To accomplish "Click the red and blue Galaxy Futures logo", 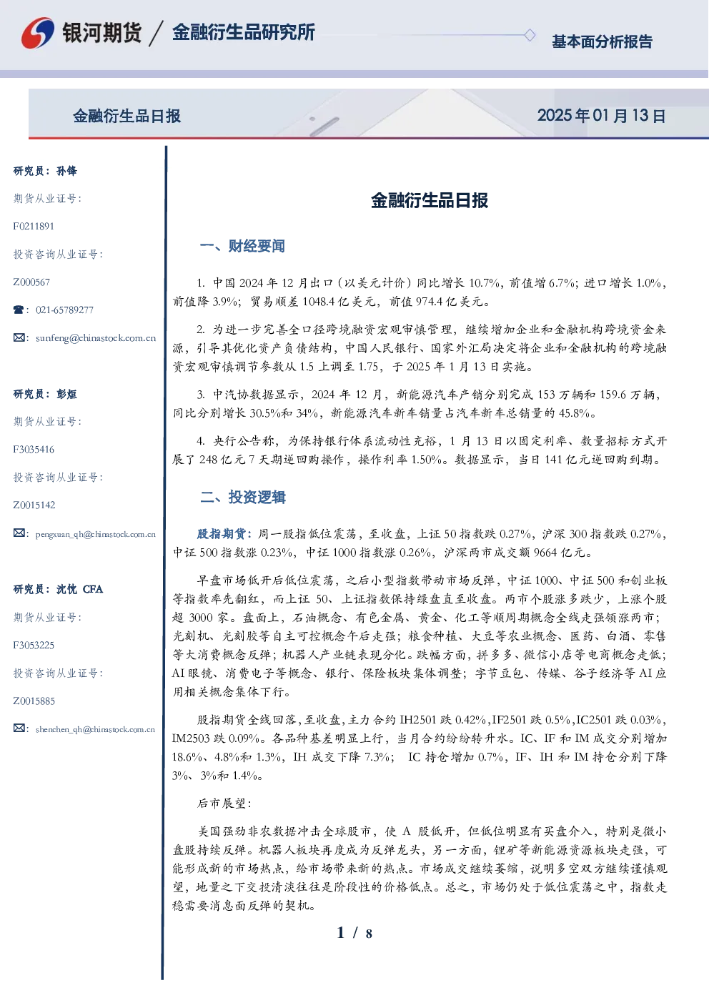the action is point(38,33).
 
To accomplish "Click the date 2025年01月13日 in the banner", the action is point(602,116).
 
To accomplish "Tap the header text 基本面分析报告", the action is point(602,41).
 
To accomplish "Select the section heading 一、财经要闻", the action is point(242,246).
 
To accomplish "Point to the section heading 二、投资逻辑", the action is point(242,497).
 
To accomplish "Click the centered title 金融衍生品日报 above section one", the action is point(430,200).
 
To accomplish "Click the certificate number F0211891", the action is point(34,226).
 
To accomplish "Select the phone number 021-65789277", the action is point(64,310).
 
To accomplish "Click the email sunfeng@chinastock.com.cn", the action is point(96,338).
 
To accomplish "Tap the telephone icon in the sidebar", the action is point(19,310).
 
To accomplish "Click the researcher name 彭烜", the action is point(66,394).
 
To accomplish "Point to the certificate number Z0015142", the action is point(34,505).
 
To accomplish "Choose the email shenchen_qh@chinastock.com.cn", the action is point(95,729).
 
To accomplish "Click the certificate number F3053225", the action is point(34,646).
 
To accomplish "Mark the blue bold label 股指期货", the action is point(222,534).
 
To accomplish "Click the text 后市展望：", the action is point(224,804).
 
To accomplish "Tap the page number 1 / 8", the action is point(354,933).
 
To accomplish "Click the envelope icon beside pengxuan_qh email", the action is point(19,533).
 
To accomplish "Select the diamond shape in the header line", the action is point(530,35).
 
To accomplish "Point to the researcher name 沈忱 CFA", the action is point(79,589).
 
